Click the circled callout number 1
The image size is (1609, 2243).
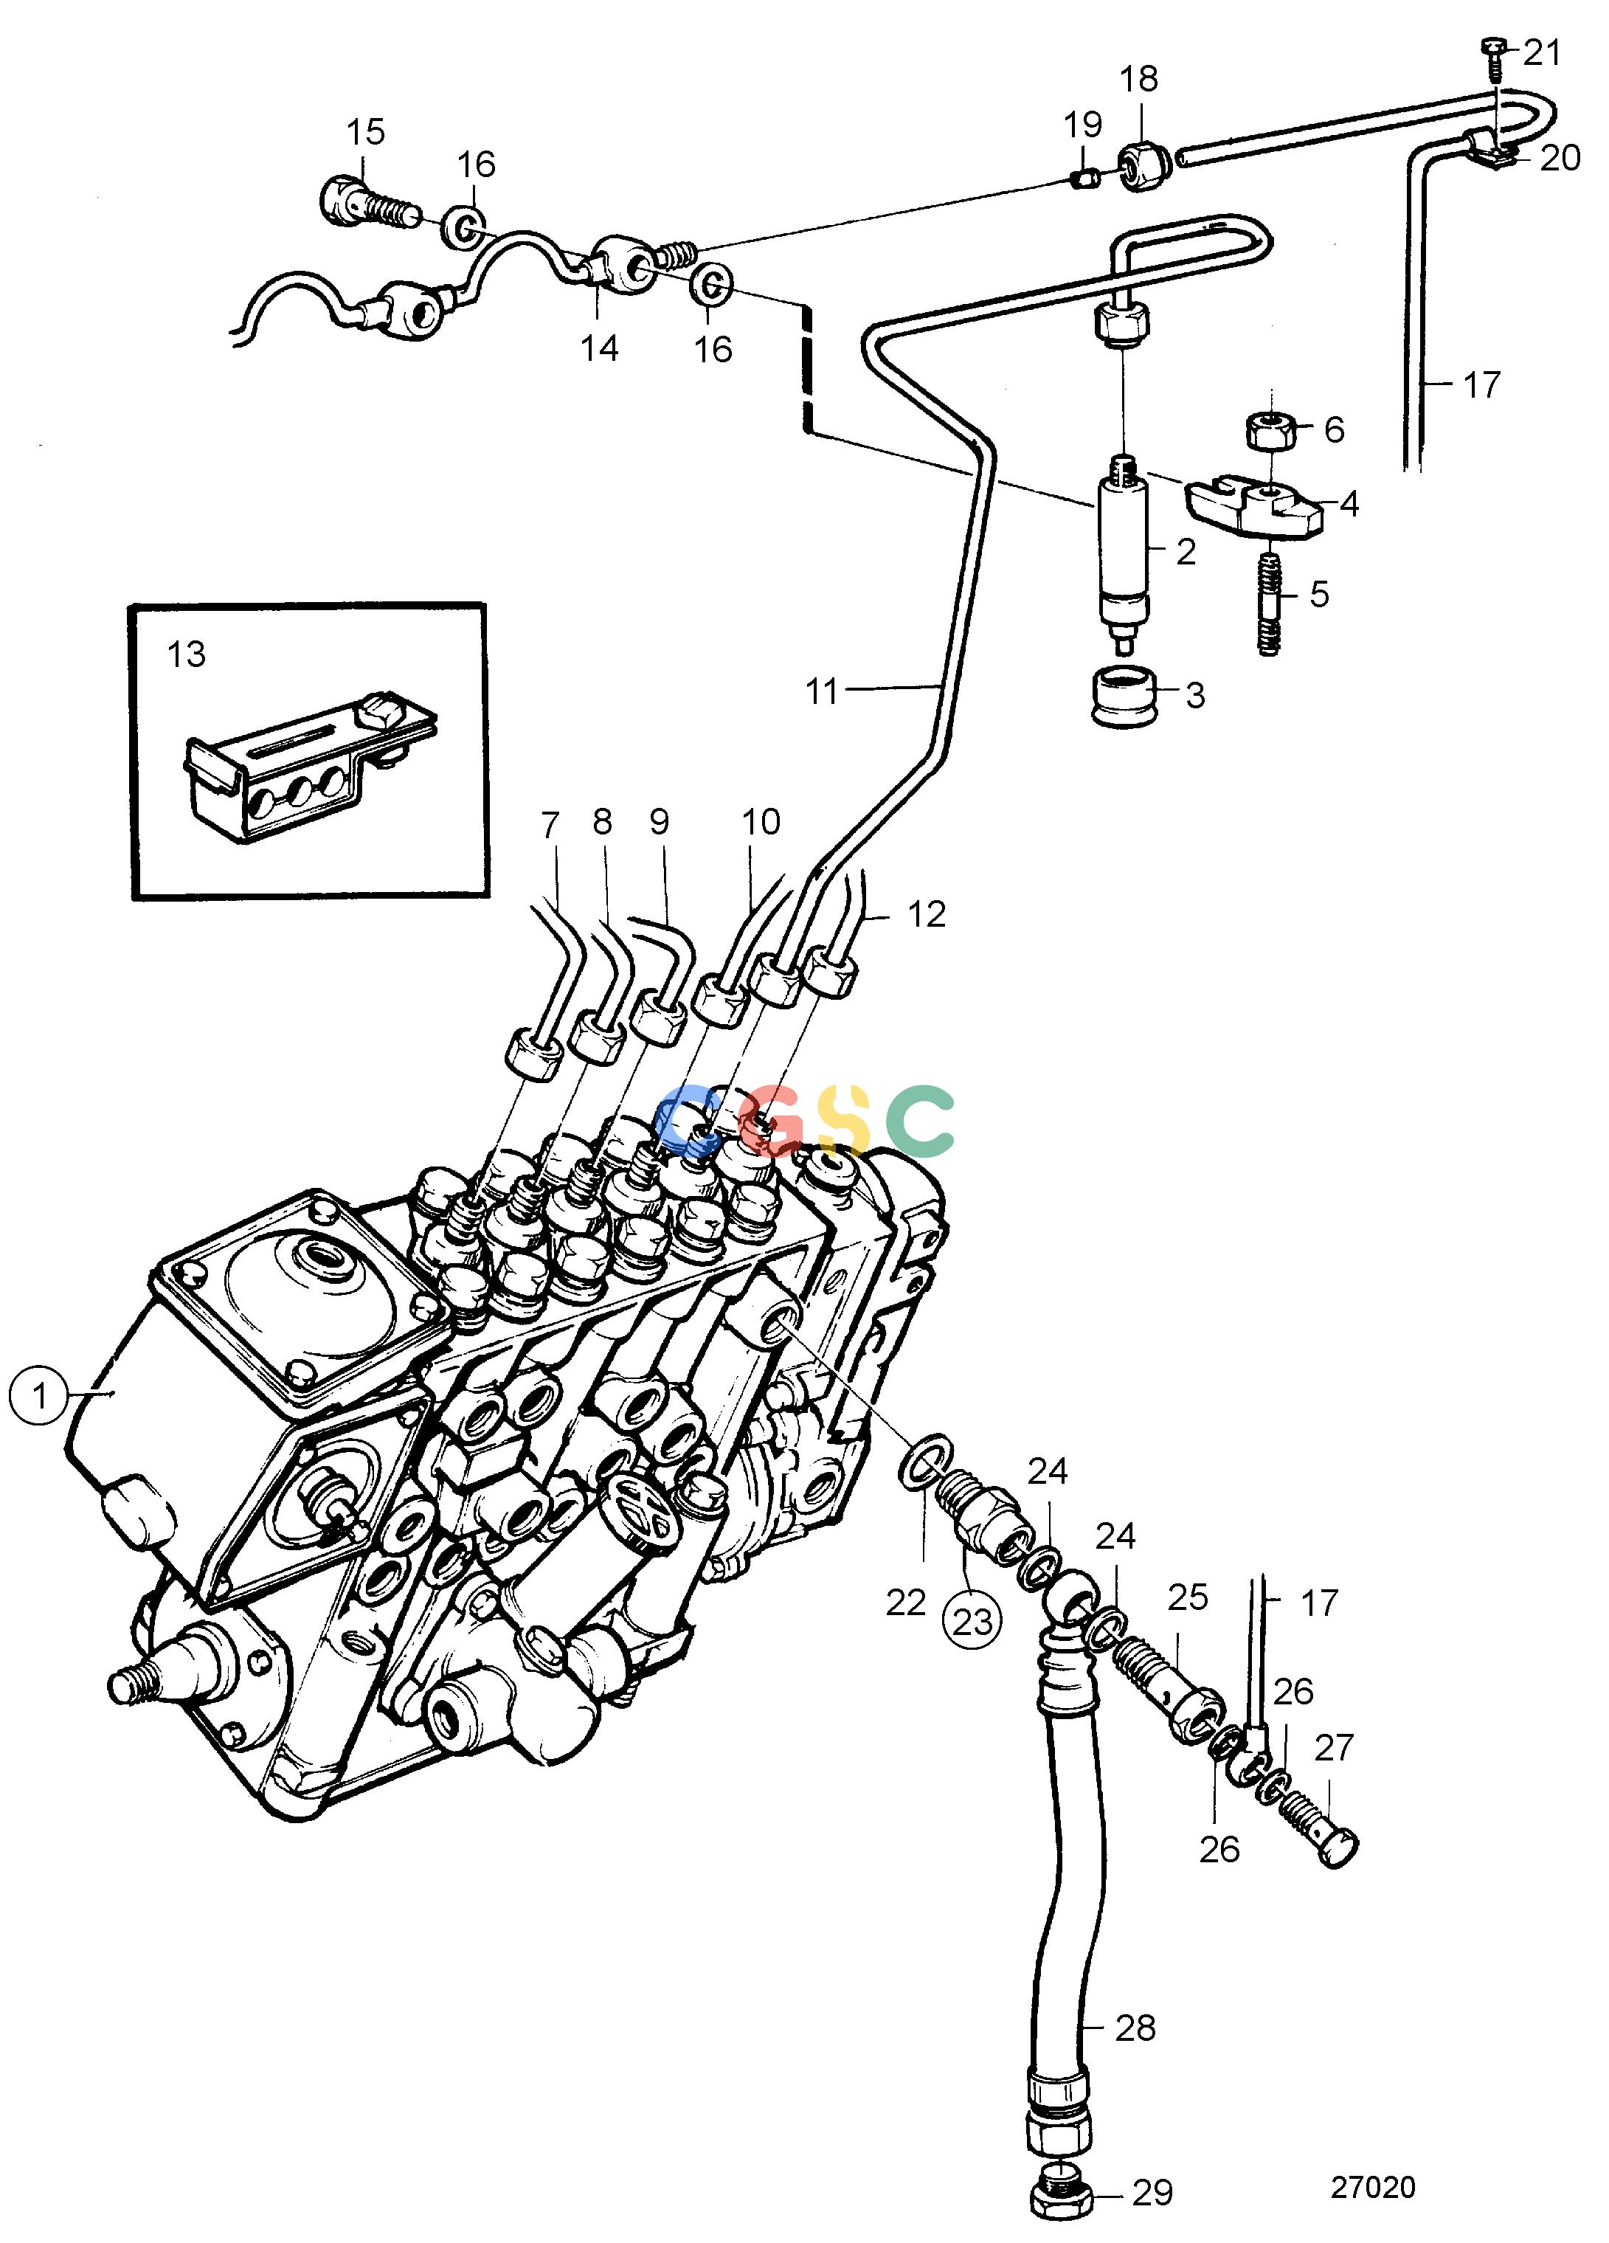tap(40, 1397)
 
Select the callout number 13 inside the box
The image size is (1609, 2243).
tap(186, 654)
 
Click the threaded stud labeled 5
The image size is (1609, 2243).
tap(1269, 601)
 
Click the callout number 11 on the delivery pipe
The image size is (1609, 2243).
tap(822, 691)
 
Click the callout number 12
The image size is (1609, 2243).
tap(927, 914)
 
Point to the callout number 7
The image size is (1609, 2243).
tap(550, 824)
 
